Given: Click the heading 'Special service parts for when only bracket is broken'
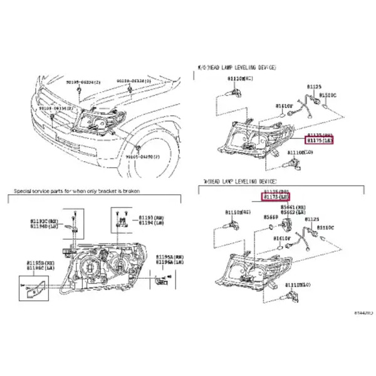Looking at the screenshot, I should [77, 190].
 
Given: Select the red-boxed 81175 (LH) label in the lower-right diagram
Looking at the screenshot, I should [275, 197].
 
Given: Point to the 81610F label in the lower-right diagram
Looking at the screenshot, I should [283, 238].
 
